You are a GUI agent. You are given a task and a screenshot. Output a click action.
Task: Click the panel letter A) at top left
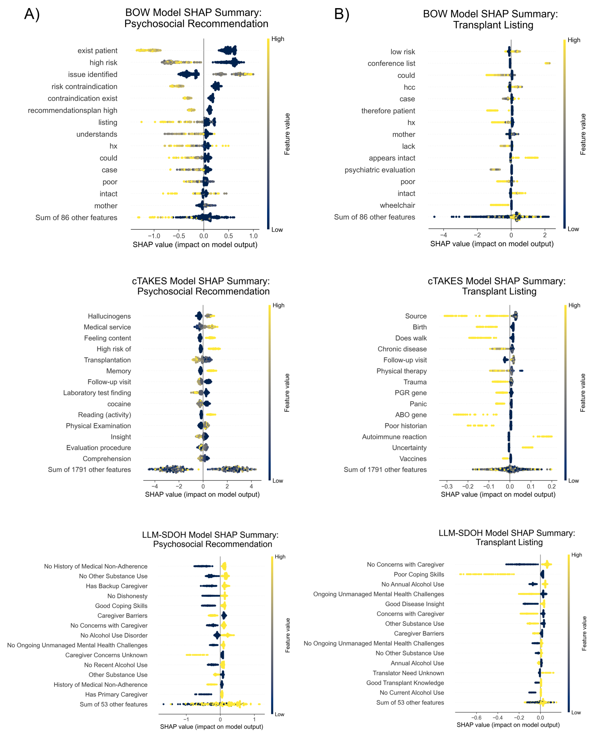[32, 14]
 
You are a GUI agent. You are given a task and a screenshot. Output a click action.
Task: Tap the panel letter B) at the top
[342, 14]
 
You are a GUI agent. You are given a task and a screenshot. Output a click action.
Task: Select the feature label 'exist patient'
[97, 51]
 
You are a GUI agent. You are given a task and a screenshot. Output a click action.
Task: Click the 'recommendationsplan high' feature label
[73, 110]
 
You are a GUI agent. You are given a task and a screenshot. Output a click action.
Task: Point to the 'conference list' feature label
[391, 64]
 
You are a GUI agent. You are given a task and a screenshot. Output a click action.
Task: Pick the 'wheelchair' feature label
[397, 205]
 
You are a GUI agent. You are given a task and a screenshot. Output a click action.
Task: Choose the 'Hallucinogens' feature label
[109, 316]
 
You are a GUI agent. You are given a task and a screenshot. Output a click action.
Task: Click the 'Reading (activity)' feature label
[104, 415]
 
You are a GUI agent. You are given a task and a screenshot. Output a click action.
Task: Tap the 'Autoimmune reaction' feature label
[394, 437]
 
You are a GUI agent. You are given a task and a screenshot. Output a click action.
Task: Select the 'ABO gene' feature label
[411, 415]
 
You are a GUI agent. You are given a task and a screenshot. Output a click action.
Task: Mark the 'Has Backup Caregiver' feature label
[117, 586]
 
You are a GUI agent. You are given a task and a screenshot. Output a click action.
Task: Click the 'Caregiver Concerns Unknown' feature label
[106, 655]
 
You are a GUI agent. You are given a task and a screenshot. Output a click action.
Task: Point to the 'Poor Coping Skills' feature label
[419, 575]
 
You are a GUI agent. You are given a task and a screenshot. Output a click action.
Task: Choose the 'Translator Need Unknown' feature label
[408, 673]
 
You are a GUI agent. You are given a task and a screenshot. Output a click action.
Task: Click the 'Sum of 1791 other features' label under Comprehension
[89, 470]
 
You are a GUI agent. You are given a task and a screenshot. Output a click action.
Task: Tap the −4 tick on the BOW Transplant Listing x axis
[443, 235]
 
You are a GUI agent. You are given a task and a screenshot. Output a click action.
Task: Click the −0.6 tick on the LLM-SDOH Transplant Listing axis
[476, 718]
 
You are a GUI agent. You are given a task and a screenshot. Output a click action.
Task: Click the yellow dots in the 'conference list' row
[547, 64]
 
